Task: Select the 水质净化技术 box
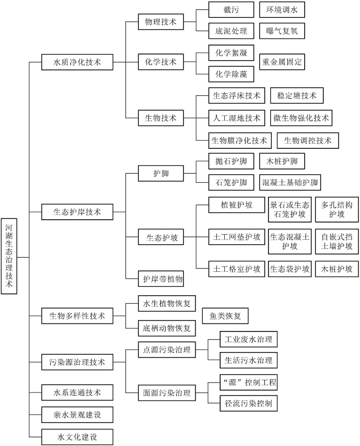pyautogui.click(x=77, y=62)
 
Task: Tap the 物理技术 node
pyautogui.click(x=161, y=22)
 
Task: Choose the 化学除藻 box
pyautogui.click(x=231, y=74)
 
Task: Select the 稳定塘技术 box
pyautogui.click(x=297, y=96)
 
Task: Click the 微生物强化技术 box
pyautogui.click(x=301, y=118)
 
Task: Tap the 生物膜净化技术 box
pyautogui.click(x=239, y=140)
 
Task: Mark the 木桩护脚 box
pyautogui.click(x=282, y=161)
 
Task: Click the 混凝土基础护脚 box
pyautogui.click(x=290, y=182)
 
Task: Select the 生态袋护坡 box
pyautogui.click(x=290, y=269)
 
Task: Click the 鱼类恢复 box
pyautogui.click(x=225, y=316)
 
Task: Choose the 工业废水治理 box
pyautogui.click(x=248, y=339)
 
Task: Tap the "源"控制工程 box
pyautogui.click(x=248, y=382)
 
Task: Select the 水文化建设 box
pyautogui.click(x=77, y=437)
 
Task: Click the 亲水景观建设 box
pyautogui.click(x=77, y=415)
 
